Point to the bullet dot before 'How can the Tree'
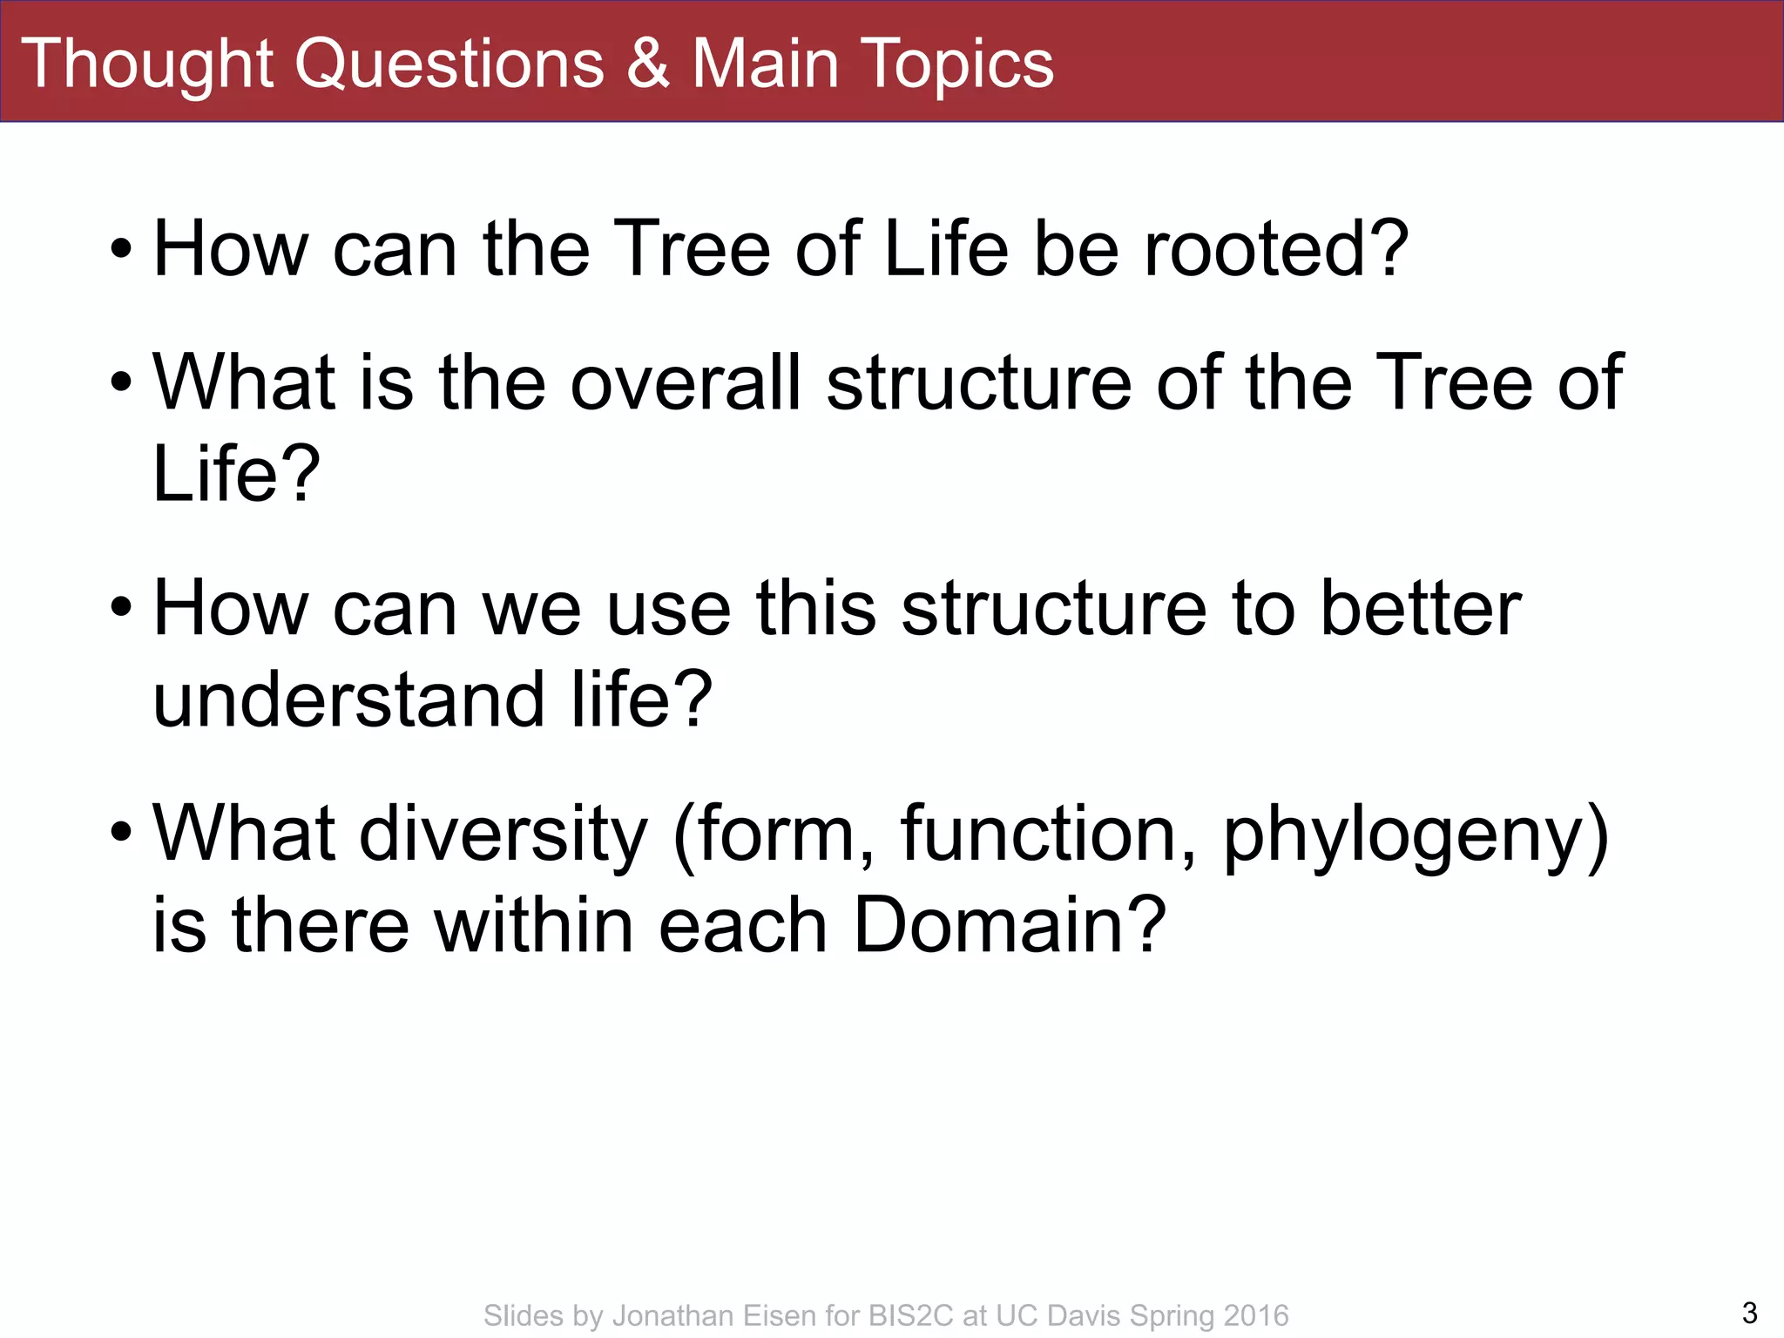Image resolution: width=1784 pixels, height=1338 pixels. pyautogui.click(x=121, y=251)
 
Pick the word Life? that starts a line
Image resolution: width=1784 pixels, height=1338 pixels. pyautogui.click(x=236, y=474)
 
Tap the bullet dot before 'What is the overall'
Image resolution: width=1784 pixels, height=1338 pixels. pyautogui.click(x=121, y=384)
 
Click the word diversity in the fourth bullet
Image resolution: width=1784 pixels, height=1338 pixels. pyautogui.click(x=503, y=835)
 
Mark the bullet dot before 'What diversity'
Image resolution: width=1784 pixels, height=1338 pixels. pyautogui.click(x=121, y=834)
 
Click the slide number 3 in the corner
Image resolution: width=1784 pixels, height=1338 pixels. pyautogui.click(x=1749, y=1313)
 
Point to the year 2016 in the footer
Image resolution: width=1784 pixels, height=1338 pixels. pyautogui.click(x=1255, y=1315)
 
